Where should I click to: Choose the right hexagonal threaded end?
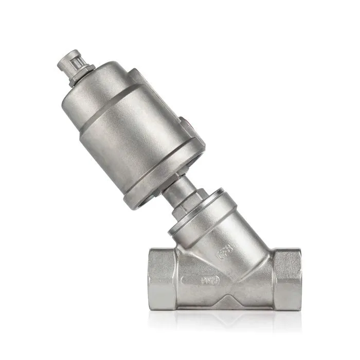pyautogui.click(x=285, y=278)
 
